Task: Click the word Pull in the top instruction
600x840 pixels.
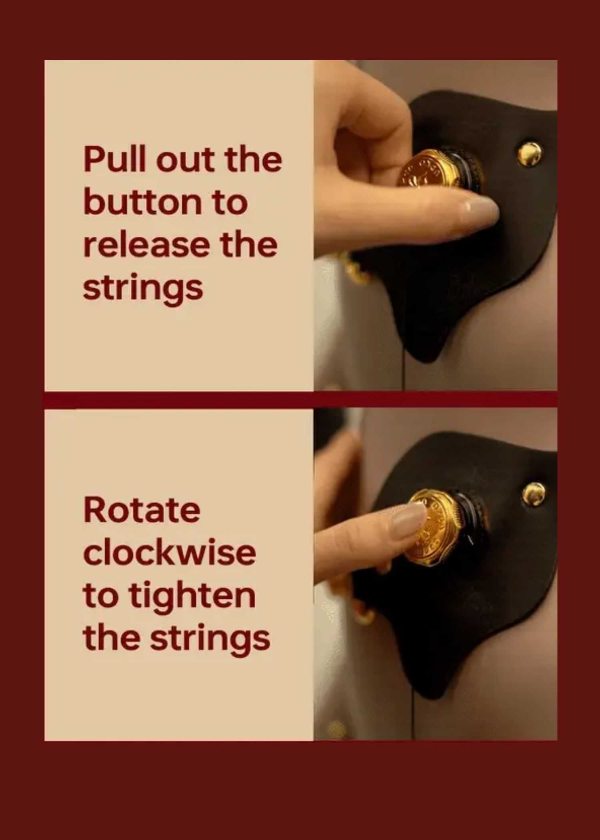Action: [114, 159]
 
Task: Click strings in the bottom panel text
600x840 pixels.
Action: [210, 639]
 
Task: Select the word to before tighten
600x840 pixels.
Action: [101, 596]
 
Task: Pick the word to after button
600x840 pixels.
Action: [230, 202]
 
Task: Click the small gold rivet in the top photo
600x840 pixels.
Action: [530, 154]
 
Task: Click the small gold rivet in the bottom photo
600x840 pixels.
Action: [534, 494]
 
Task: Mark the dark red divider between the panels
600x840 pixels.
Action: [300, 400]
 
